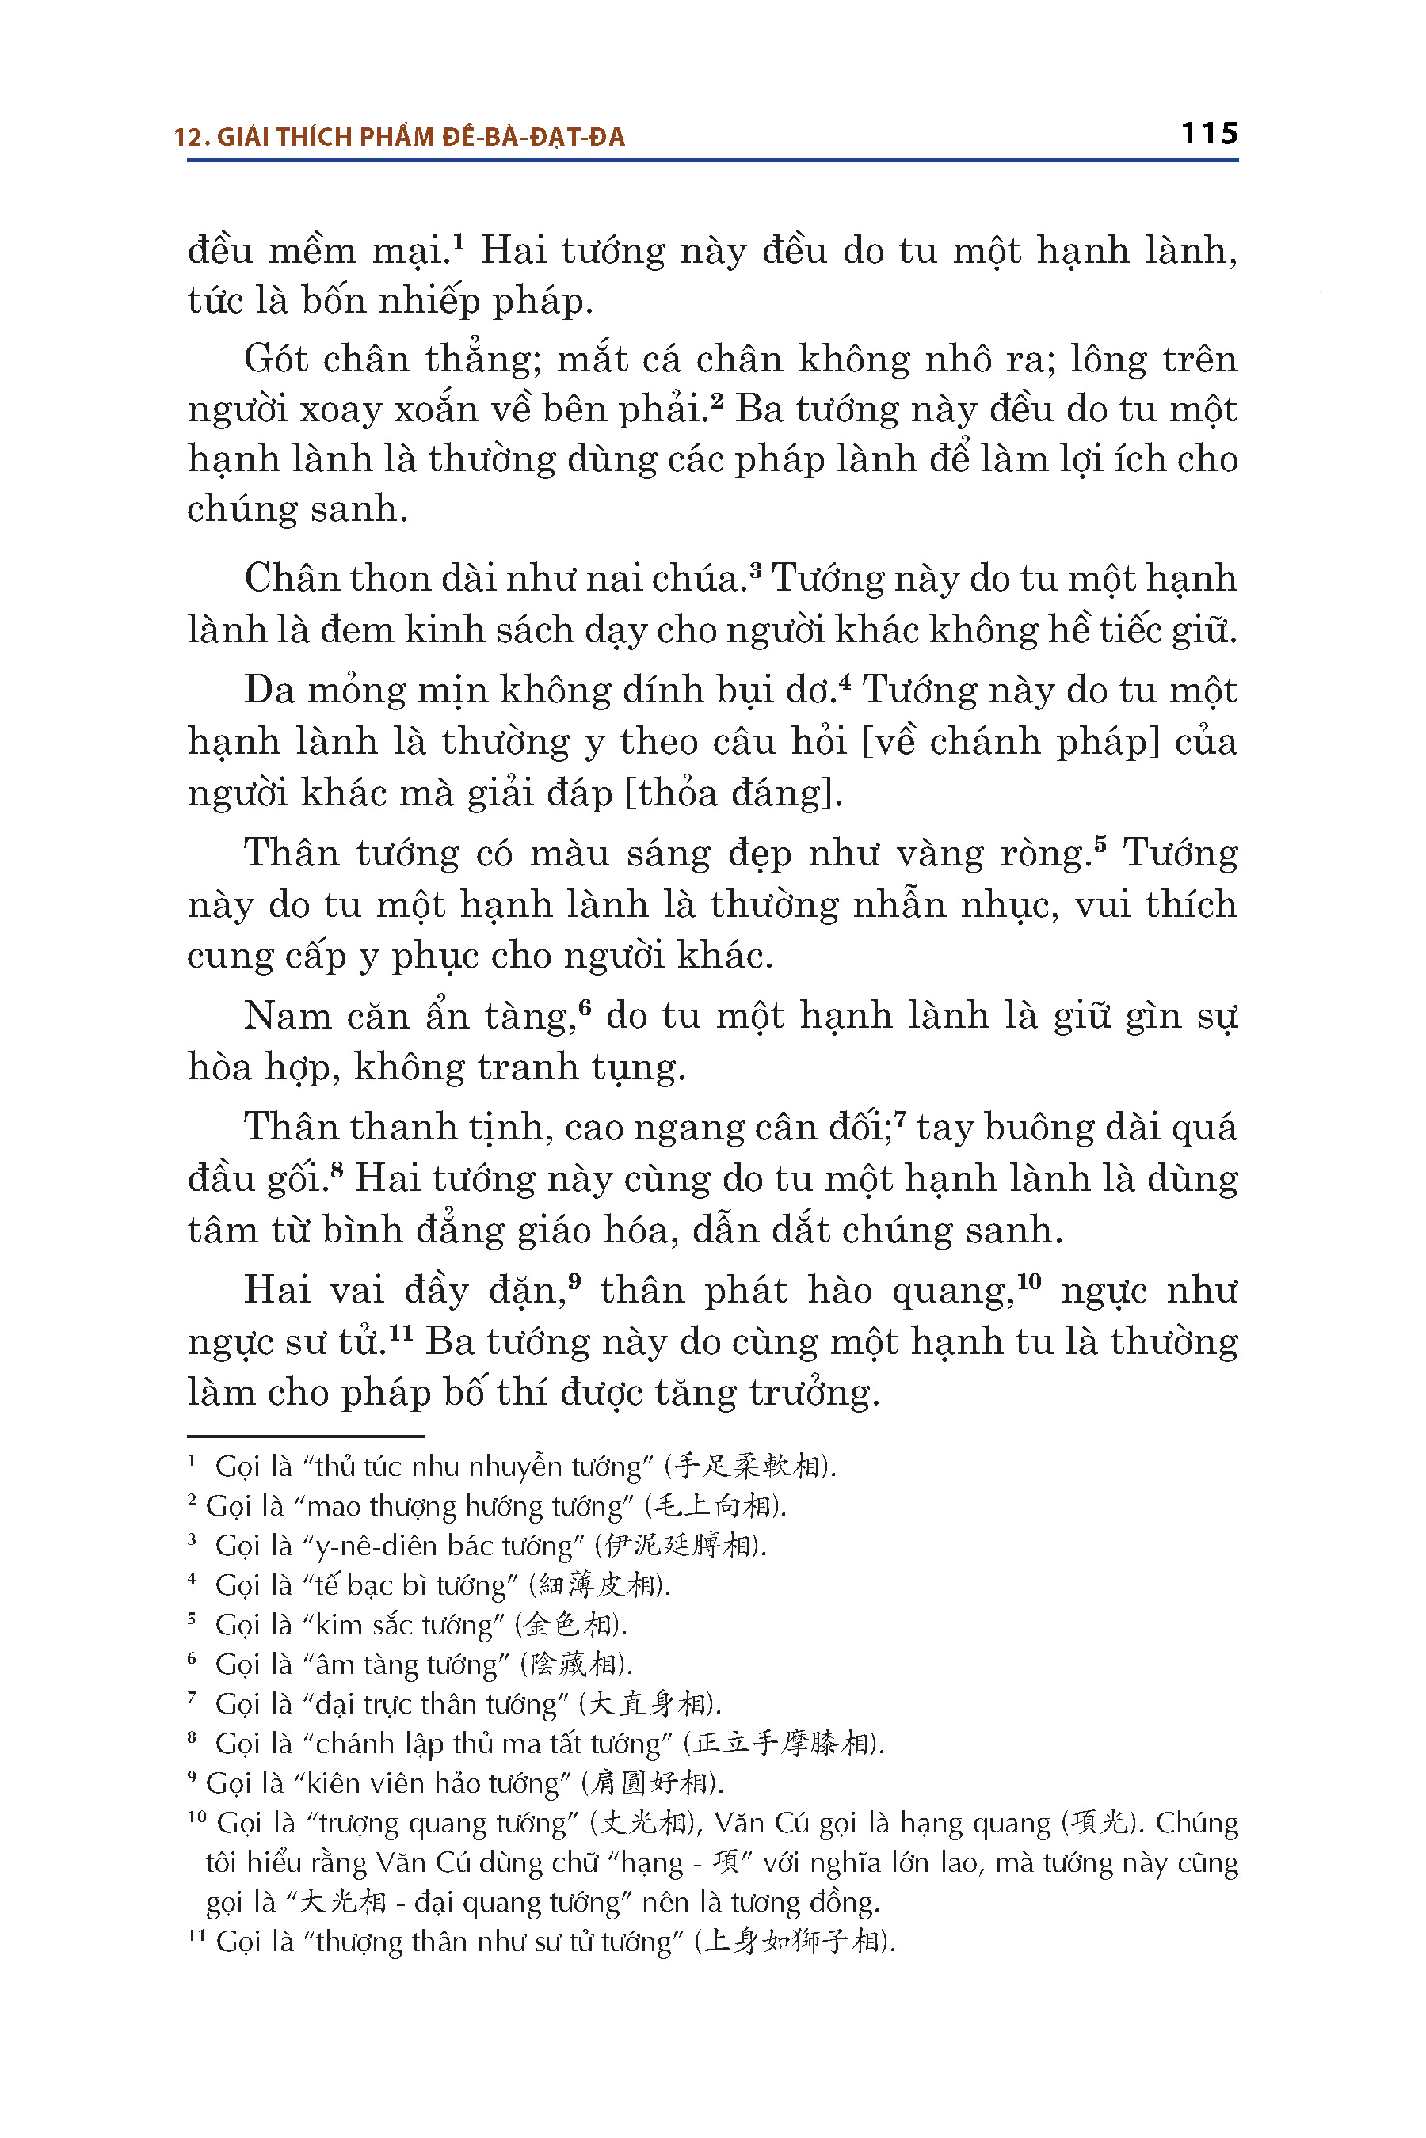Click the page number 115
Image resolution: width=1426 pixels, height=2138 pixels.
point(1209,135)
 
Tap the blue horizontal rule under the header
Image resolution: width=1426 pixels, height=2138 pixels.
point(712,161)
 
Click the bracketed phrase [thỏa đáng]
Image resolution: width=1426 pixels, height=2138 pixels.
point(732,793)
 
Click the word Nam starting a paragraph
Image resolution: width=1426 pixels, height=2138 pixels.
point(288,1016)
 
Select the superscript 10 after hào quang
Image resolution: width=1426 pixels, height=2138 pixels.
point(1028,1280)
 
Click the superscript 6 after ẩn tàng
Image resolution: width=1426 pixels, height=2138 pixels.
point(585,1007)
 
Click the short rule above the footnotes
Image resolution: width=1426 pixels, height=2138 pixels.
point(306,1436)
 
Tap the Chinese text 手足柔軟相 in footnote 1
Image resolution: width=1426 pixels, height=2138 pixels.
point(746,1467)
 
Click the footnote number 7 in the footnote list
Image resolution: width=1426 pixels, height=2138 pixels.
point(192,1697)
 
